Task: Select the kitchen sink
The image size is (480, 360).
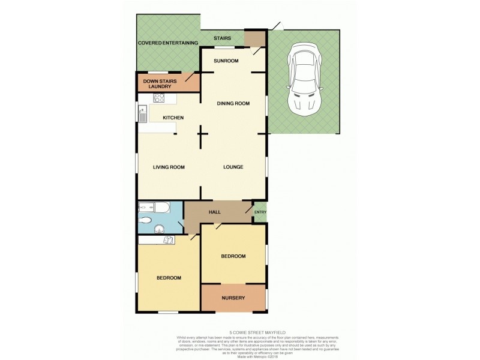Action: (x=143, y=110)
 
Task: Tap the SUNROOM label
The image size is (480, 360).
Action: (x=227, y=61)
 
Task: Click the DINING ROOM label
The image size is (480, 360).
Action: (x=233, y=103)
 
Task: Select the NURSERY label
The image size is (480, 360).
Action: (x=233, y=298)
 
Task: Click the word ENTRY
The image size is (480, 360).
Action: (x=260, y=211)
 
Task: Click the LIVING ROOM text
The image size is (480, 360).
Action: (x=169, y=167)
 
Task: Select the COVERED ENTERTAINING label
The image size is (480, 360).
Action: (x=168, y=43)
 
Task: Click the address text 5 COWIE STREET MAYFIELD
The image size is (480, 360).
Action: (x=239, y=332)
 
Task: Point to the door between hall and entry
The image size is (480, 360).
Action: (x=248, y=209)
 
